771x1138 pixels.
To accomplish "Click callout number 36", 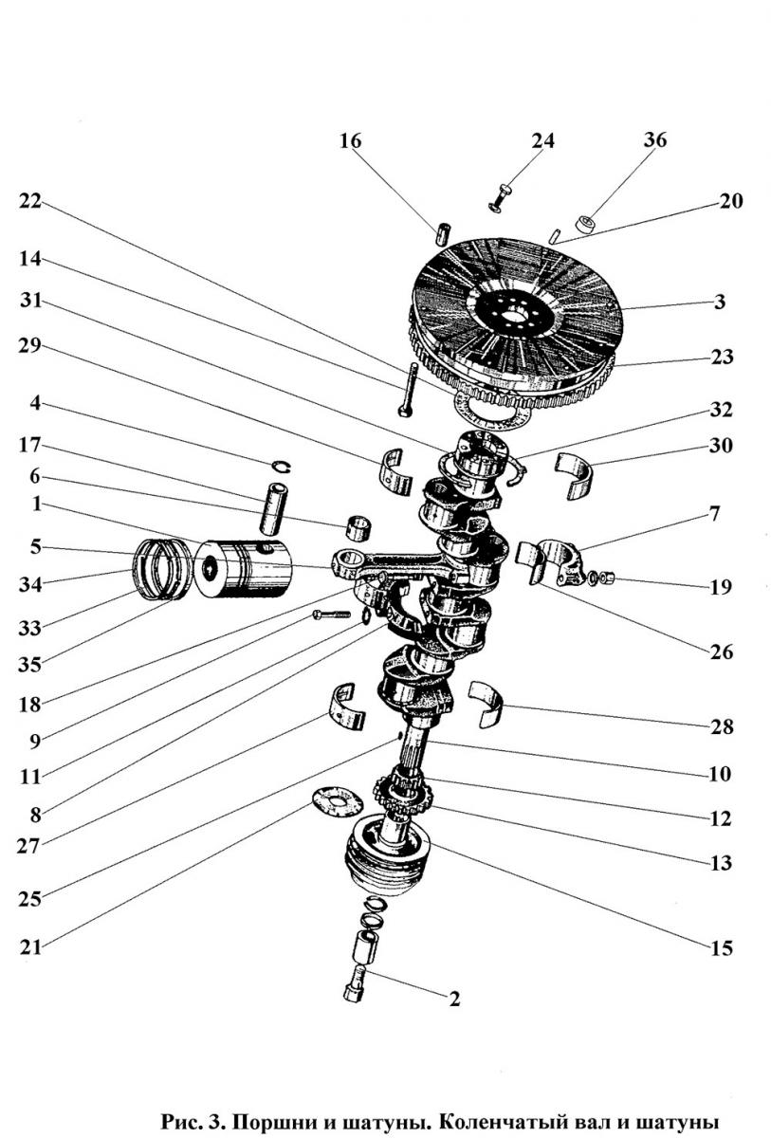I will [x=655, y=139].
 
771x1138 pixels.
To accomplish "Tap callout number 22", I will [x=30, y=202].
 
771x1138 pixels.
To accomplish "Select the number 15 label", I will [x=720, y=947].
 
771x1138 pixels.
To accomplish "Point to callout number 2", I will [x=454, y=999].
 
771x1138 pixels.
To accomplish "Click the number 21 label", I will [x=31, y=945].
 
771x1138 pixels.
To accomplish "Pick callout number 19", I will [x=720, y=586].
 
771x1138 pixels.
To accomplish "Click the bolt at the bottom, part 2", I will [x=356, y=982].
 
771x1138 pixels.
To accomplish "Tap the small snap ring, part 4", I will [x=281, y=464].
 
